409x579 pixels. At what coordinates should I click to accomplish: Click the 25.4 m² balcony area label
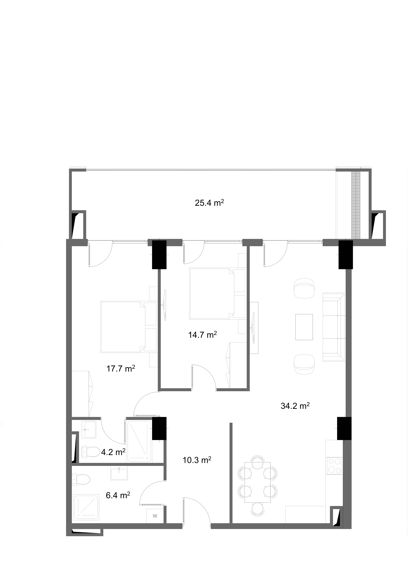(210, 203)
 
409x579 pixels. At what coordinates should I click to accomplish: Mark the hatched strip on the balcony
(356, 205)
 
